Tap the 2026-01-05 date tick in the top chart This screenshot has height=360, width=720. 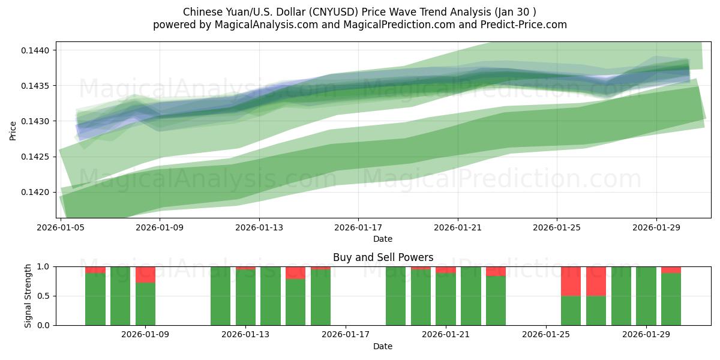61,227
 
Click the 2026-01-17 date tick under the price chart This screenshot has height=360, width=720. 358,227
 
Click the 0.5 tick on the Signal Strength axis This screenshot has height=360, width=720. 44,296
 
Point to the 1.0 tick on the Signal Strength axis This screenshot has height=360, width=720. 44,266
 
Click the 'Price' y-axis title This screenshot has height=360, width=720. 13,130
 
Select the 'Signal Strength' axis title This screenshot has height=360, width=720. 28,296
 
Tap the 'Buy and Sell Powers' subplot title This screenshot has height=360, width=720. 383,257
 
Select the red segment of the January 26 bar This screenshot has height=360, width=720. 571,281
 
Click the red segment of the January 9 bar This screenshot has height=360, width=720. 145,274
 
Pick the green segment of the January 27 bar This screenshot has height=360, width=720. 596,310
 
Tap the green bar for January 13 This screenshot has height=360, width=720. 245,297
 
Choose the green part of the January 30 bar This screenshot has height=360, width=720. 671,299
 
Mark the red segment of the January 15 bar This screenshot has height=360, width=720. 295,272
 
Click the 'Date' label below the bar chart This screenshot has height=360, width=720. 383,346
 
